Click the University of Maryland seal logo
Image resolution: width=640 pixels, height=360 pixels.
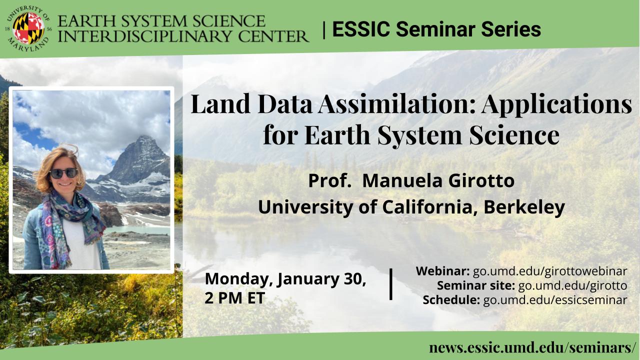28,28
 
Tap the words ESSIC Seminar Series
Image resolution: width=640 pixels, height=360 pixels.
436,29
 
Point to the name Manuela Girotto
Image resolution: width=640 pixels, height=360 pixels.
438,181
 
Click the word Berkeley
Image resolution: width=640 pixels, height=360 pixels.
524,207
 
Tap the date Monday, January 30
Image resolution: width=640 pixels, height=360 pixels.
285,279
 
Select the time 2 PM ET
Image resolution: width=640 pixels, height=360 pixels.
235,298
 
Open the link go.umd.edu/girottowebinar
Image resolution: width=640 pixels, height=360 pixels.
550,271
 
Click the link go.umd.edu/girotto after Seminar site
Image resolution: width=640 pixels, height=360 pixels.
572,285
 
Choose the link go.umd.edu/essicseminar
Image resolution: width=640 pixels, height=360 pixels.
555,300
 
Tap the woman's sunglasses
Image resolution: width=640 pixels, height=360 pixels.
63,173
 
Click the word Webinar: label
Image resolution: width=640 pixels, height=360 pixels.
442,271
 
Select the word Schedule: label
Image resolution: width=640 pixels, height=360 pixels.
451,300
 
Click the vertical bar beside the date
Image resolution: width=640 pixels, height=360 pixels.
391,284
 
